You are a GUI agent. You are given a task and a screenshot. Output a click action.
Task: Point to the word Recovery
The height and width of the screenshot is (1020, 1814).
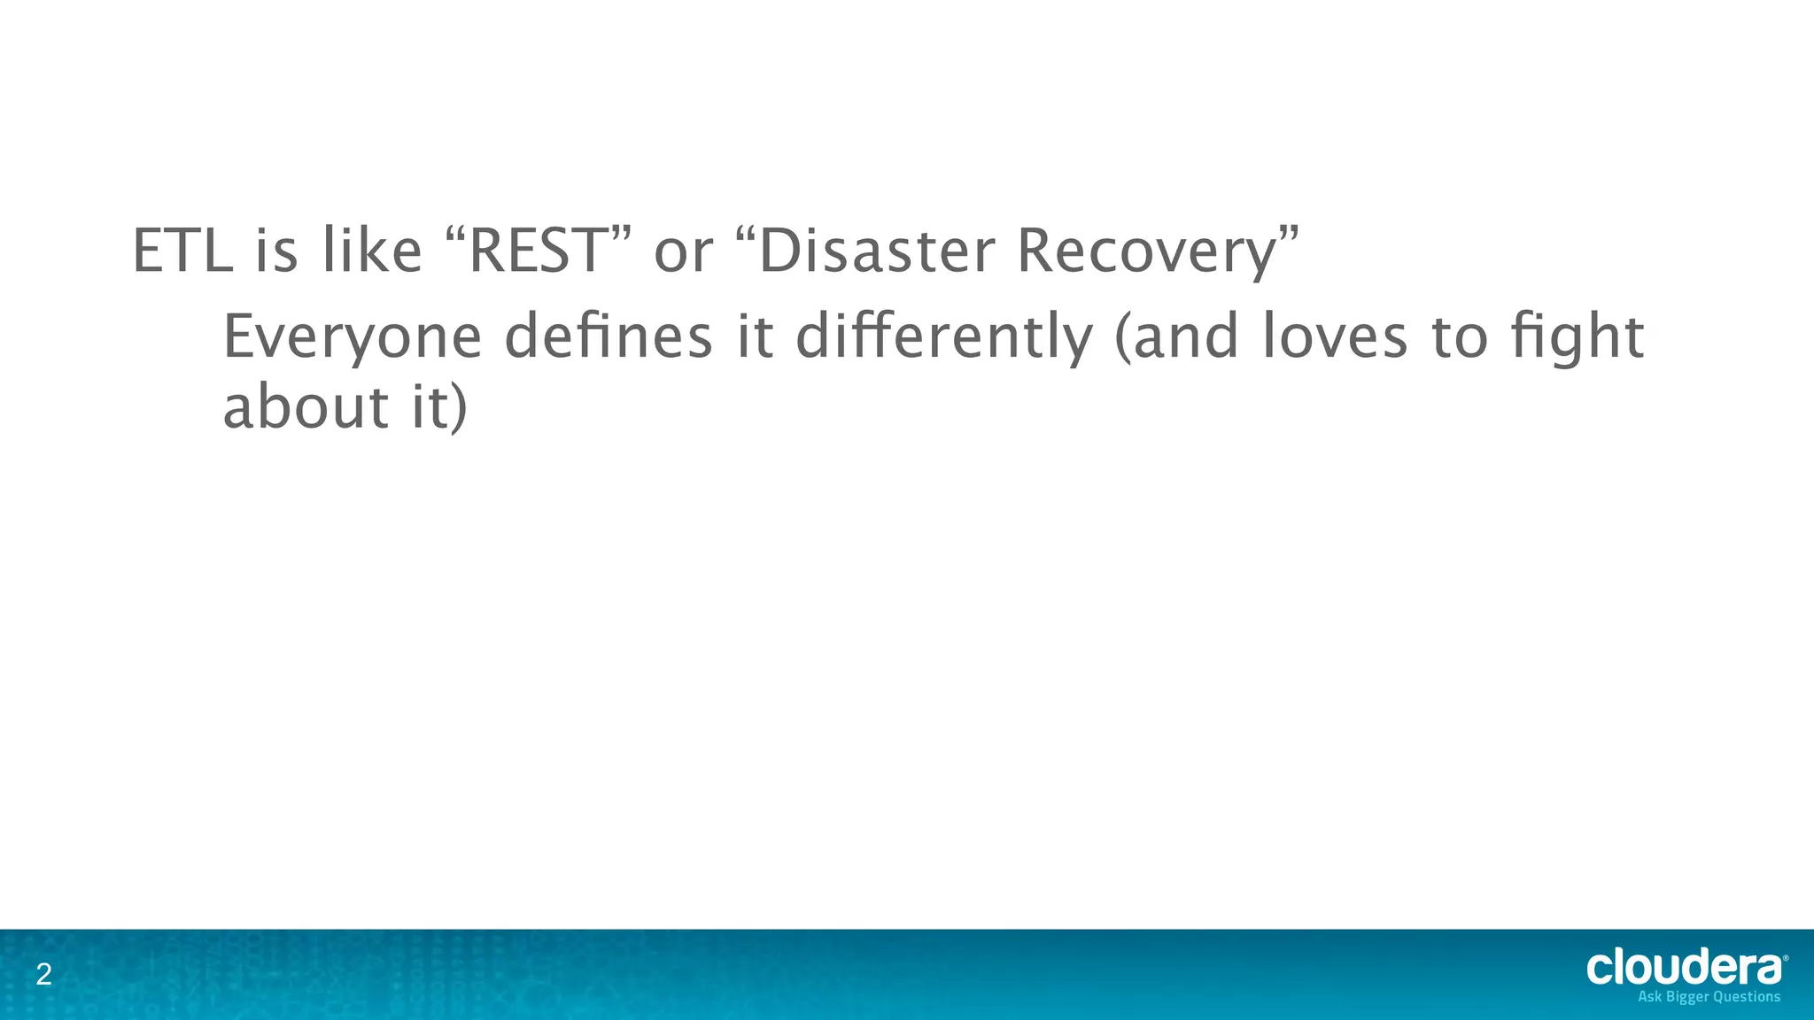[x=1147, y=252]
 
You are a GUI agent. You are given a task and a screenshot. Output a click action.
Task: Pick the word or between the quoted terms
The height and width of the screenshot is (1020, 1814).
[x=683, y=252]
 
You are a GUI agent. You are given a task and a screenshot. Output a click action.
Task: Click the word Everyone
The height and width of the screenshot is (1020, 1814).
[x=352, y=339]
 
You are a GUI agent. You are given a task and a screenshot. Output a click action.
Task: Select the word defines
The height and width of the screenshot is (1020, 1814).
[x=609, y=337]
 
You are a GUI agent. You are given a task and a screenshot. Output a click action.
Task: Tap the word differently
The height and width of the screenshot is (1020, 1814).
[x=944, y=339]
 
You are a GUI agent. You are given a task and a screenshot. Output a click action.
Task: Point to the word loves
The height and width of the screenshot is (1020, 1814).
[x=1334, y=337]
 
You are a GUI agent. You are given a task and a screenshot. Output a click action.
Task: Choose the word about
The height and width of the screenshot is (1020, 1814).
[x=306, y=407]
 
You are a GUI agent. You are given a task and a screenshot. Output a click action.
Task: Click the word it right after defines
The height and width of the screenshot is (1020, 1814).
[x=756, y=337]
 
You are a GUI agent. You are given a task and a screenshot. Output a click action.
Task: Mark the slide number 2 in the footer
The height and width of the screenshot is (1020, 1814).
[x=43, y=976]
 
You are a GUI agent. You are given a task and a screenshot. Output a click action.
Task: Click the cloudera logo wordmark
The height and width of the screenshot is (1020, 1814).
[x=1686, y=968]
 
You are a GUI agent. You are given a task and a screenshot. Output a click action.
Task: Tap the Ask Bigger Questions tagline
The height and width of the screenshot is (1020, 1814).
[x=1709, y=997]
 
